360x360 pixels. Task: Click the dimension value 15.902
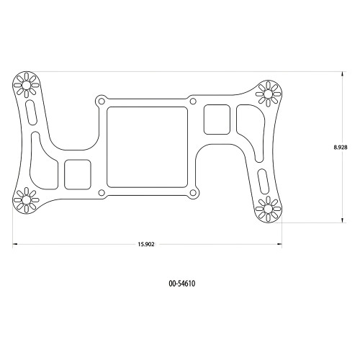(146, 244)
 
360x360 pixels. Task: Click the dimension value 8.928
(341, 147)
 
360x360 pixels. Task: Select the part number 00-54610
(181, 284)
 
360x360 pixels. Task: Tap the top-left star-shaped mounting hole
(27, 86)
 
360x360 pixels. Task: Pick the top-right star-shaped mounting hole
(269, 92)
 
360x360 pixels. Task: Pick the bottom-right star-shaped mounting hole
(269, 209)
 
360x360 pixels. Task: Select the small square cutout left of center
(78, 174)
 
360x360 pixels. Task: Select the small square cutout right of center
(217, 119)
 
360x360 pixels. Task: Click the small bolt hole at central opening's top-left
(102, 100)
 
